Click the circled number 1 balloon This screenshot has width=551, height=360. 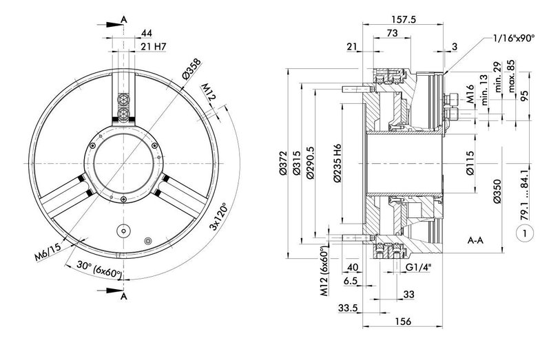(x=525, y=233)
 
